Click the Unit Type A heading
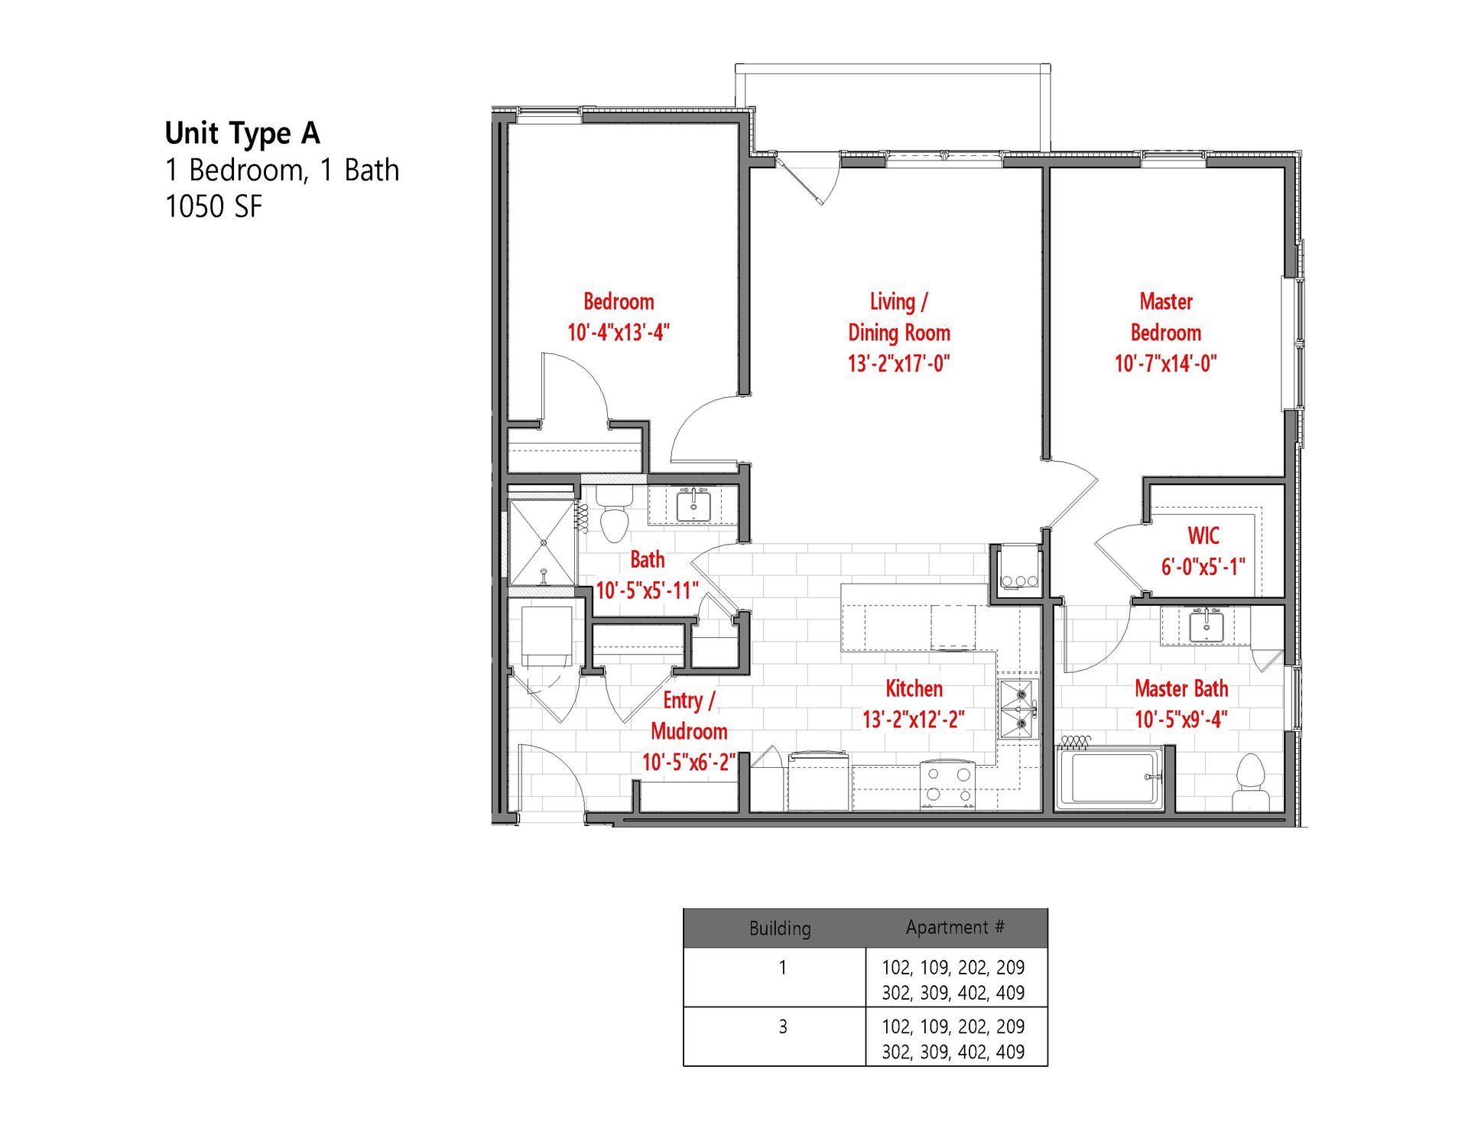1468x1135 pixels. [242, 134]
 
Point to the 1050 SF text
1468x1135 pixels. [213, 207]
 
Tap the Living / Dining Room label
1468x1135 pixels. [899, 317]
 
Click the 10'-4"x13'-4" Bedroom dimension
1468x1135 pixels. [619, 333]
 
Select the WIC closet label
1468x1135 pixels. [1203, 535]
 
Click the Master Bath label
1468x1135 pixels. [1181, 688]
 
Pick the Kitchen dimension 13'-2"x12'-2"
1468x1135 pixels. [914, 720]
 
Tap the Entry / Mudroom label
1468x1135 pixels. [689, 715]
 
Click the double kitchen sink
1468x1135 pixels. [1018, 708]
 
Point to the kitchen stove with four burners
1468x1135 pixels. [947, 785]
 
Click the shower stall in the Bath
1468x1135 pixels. [543, 543]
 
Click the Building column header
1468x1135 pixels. [780, 928]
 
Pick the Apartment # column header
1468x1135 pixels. [955, 928]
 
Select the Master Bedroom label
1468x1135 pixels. [1166, 317]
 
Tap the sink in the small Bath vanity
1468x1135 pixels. [694, 505]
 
